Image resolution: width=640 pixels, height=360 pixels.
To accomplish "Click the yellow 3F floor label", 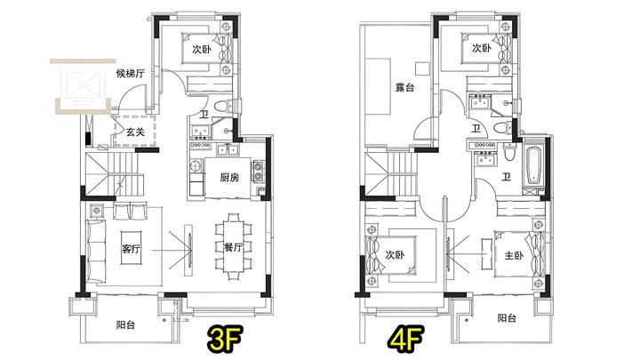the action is (225, 338).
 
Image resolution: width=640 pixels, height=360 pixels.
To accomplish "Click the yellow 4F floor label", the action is (404, 338).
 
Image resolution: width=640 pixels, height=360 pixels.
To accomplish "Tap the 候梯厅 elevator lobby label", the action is (131, 74).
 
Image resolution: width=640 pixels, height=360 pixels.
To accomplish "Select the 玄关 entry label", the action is (135, 132).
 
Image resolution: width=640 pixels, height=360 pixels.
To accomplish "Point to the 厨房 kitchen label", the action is (229, 178).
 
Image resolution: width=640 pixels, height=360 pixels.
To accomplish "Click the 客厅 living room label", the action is (131, 248).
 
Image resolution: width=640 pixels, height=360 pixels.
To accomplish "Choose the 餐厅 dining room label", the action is (233, 247).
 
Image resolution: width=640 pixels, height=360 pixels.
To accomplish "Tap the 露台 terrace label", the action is (404, 87).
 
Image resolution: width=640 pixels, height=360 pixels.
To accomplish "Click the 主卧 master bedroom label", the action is (514, 255).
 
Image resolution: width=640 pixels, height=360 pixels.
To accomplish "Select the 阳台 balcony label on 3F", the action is (125, 325).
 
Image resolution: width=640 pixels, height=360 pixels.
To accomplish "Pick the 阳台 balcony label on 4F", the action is (507, 318).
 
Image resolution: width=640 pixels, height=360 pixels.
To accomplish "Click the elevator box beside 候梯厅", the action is (83, 85).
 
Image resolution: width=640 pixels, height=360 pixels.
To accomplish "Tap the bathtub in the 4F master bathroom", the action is (532, 165).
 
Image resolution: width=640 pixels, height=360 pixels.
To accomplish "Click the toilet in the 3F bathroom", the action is (223, 106).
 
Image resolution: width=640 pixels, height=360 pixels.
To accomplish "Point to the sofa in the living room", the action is (96, 251).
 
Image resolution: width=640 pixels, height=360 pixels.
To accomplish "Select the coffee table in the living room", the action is (131, 248).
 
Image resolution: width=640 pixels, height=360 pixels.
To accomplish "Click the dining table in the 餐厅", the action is (233, 247).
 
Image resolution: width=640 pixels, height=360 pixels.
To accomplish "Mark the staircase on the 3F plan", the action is (114, 174).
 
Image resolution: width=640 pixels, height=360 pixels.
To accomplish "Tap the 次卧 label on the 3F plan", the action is (202, 50).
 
